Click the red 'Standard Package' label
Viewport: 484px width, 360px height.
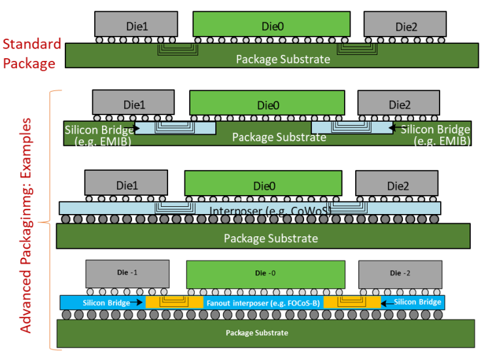[32, 54]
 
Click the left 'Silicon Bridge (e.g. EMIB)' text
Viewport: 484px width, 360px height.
[98, 135]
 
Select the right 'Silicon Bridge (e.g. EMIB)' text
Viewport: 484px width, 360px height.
[436, 135]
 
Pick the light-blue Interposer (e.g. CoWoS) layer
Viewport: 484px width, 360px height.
[249, 208]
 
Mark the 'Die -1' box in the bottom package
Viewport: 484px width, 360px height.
[128, 272]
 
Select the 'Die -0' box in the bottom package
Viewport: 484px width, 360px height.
[266, 272]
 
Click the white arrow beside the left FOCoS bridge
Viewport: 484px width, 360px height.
[137, 303]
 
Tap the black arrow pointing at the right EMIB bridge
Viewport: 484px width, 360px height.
[392, 129]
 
